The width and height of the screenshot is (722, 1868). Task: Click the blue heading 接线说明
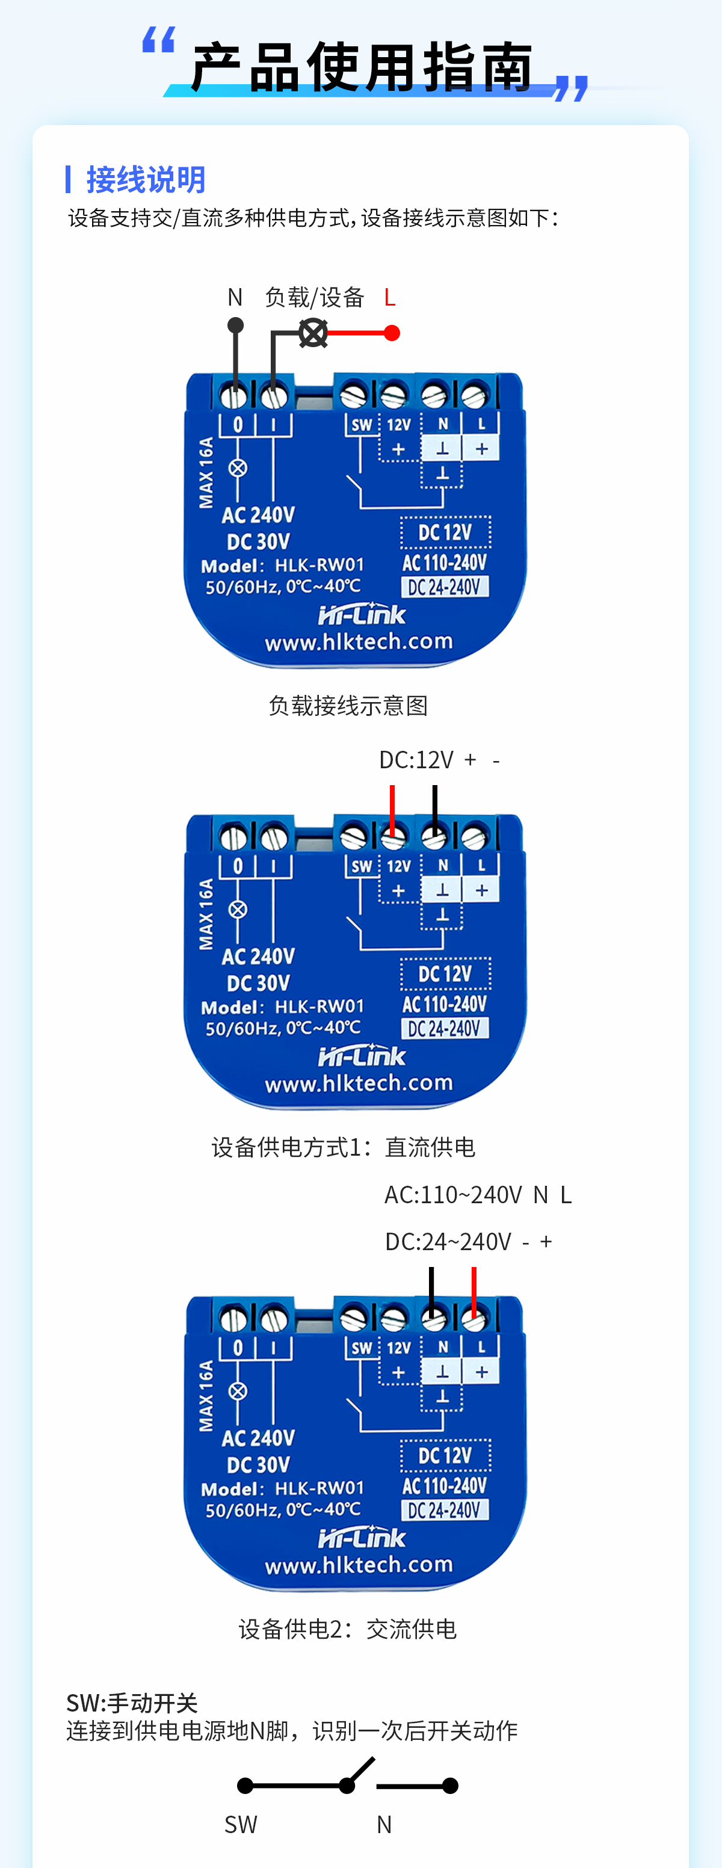click(x=146, y=179)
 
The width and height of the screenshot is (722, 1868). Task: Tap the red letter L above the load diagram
click(x=389, y=297)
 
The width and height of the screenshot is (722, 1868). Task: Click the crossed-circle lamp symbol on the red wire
click(x=313, y=333)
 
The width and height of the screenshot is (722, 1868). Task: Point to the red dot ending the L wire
click(x=392, y=333)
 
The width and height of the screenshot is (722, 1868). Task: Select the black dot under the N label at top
click(x=236, y=325)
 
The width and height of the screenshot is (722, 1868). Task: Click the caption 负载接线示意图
click(x=348, y=705)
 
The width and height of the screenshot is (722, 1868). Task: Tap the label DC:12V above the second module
click(x=416, y=760)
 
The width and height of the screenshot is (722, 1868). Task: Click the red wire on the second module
click(x=392, y=809)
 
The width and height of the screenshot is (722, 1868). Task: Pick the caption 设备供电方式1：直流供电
click(x=343, y=1147)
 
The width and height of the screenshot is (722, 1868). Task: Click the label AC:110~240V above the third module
click(x=453, y=1194)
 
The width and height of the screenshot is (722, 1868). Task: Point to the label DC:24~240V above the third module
click(x=448, y=1242)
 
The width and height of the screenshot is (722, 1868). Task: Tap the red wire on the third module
click(x=474, y=1292)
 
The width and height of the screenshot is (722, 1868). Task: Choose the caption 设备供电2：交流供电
click(x=347, y=1629)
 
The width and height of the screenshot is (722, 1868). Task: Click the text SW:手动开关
click(x=132, y=1702)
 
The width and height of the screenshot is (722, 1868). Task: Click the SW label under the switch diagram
click(x=241, y=1823)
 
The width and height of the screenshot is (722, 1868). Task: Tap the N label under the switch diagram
click(x=384, y=1823)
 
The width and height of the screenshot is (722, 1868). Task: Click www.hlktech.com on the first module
click(x=359, y=642)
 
